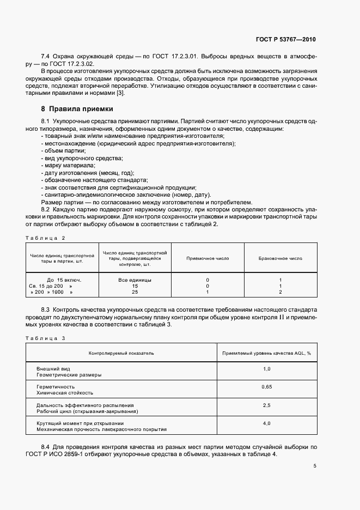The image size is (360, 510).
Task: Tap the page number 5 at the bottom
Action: (315, 466)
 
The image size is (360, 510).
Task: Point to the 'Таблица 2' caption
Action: (45, 238)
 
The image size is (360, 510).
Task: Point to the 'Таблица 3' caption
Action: (45, 338)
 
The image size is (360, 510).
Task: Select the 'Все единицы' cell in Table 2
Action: (135, 280)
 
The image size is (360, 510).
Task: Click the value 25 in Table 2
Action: (135, 292)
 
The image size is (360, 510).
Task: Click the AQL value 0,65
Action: (266, 386)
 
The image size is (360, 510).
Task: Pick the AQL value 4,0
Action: (266, 423)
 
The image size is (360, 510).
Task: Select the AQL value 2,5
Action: (266, 405)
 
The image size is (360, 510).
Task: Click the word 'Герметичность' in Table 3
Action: (54, 386)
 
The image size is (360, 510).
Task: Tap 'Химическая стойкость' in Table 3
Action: (64, 392)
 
